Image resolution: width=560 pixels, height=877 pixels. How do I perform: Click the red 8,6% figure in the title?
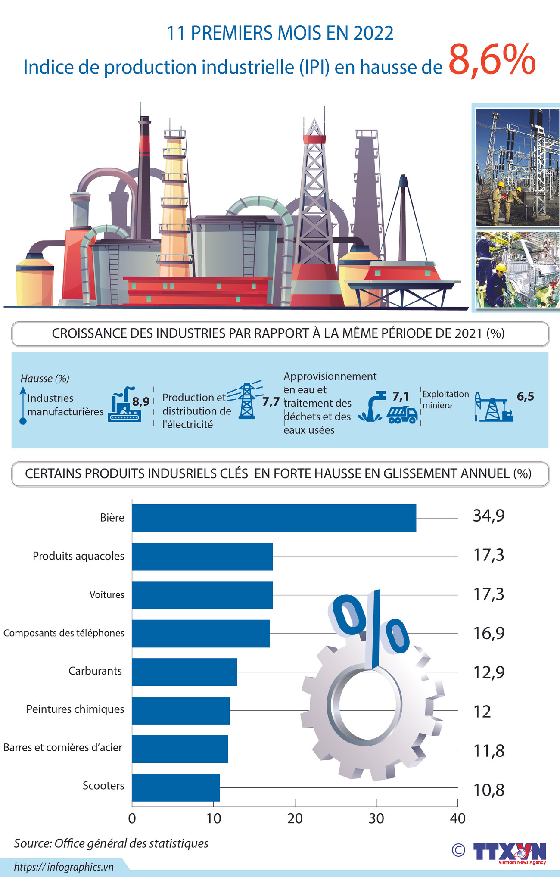coord(492,60)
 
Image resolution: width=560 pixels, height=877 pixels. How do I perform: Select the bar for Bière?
coord(274,518)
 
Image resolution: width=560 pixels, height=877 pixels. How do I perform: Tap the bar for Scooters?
coord(176,787)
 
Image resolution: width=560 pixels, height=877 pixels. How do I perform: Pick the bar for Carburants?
coord(184,672)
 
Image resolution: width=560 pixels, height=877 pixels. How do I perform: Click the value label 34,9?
coord(488,516)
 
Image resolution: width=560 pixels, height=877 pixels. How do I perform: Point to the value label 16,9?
coord(488,633)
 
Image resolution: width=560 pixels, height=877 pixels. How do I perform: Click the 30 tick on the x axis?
coord(376,818)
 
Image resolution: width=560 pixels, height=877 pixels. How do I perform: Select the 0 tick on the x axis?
coord(132,818)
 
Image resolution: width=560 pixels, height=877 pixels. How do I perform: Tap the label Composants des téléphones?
coord(64,633)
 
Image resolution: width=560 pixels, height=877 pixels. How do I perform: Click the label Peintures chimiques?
coord(75,709)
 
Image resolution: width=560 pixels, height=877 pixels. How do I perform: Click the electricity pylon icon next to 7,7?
coord(246,401)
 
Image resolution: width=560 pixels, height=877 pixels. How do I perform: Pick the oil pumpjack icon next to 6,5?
coord(493,407)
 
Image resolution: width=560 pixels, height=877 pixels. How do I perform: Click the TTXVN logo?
coord(509,852)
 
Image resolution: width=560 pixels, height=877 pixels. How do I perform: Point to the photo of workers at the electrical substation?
coord(517,167)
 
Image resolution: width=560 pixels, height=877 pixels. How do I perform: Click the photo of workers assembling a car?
coord(517,269)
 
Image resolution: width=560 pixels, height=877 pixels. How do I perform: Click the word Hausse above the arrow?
coord(37,379)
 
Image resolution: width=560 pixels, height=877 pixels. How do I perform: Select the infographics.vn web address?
coord(64,867)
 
